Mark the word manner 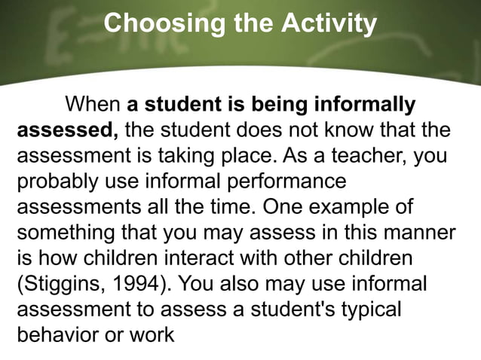coord(419,233)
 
